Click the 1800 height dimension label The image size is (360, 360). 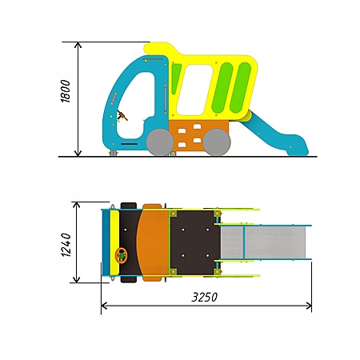[x=66, y=91]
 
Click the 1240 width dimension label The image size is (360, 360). [x=66, y=245]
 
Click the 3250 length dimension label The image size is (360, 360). [x=205, y=297]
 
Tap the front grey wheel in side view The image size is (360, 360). [x=160, y=142]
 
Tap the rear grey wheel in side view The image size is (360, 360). [x=217, y=142]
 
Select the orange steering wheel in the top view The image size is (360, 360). [x=122, y=256]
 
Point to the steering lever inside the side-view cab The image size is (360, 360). [x=122, y=116]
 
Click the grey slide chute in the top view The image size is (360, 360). [x=263, y=242]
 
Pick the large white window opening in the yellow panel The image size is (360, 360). [x=194, y=90]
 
